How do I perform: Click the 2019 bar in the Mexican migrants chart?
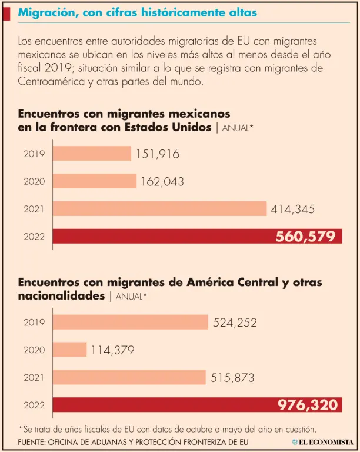tap(92, 154)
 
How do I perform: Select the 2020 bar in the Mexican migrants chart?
tap(95, 181)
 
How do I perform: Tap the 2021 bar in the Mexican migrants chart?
tap(159, 208)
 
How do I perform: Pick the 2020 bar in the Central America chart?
tap(69, 350)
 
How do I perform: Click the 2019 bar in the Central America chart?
tap(130, 322)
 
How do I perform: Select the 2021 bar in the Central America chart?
tap(129, 377)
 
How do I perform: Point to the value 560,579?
tap(305, 237)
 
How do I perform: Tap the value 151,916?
tap(157, 154)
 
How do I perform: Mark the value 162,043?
tap(162, 182)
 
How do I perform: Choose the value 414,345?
tap(292, 209)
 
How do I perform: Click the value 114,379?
tap(112, 350)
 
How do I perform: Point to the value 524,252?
tap(235, 323)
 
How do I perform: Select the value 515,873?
tap(232, 378)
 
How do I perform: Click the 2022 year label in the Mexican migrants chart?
tap(34, 237)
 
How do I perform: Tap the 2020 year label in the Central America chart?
tap(34, 350)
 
